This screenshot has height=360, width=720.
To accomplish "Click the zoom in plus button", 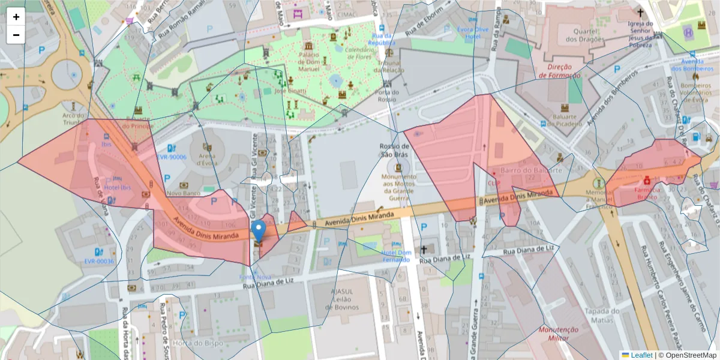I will coord(16,17).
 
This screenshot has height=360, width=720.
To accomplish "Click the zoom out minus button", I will coord(16,35).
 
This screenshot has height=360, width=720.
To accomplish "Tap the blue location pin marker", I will coord(259,230).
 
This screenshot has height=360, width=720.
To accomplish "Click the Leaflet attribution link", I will coord(641,355).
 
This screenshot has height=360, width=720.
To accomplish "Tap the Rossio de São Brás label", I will coord(395,151).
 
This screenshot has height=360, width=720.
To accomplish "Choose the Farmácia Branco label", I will coord(649,193).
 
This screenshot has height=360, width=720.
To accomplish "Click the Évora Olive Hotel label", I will coord(468,32).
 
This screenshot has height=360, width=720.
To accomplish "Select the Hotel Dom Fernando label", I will coord(396,256).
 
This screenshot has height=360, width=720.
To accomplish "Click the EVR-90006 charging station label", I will coord(172,157).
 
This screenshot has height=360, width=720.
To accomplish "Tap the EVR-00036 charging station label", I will coord(99,261).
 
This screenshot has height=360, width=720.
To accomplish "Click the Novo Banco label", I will coord(183,193).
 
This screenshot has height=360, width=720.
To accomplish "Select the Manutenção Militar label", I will coord(558,334).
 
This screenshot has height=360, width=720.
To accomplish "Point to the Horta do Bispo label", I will coord(189,343).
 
